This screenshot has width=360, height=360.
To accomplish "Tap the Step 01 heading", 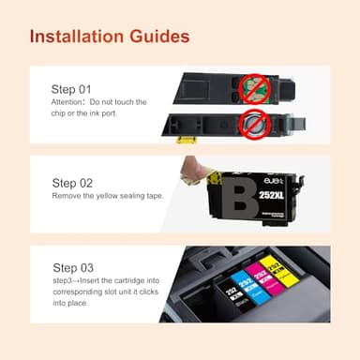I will [x=71, y=88].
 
